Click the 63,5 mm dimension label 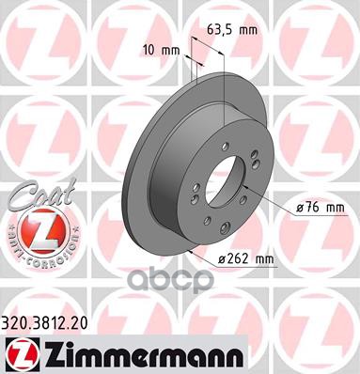[x=236, y=30]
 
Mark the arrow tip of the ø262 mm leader [x=192, y=252]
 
